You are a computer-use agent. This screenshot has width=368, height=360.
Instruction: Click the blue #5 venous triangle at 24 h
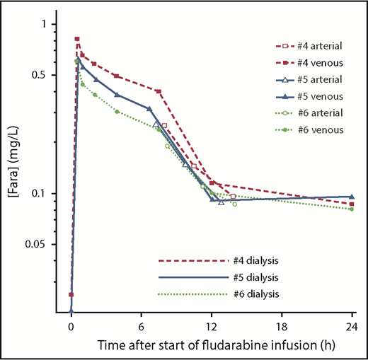click(352, 197)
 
